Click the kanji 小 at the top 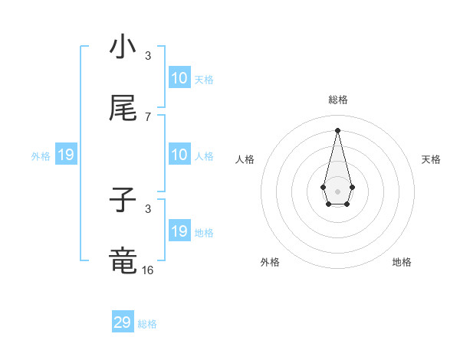[123, 47]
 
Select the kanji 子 [123, 201]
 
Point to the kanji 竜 [123, 260]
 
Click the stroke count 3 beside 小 [148, 56]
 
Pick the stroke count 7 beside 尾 [148, 116]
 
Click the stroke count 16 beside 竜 [148, 270]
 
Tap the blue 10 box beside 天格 [179, 78]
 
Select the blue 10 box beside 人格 [179, 155]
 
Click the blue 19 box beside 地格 [179, 231]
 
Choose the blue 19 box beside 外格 [66, 155]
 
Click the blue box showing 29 [123, 322]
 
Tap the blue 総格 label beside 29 [147, 324]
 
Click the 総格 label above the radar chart [337, 100]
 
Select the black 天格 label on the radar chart [431, 159]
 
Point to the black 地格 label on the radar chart [402, 262]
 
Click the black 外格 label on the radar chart [270, 262]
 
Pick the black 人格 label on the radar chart [245, 159]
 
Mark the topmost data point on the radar [337, 130]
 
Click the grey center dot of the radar [337, 190]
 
